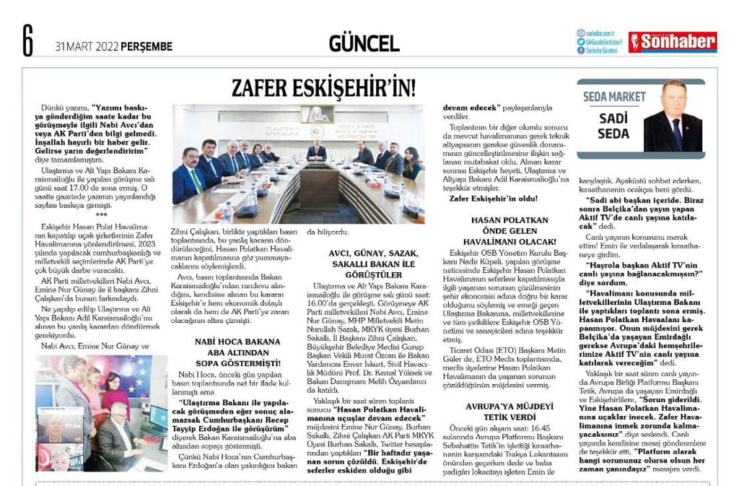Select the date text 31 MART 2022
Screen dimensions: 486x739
pyautogui.click(x=87, y=47)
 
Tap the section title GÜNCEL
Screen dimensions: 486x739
pyautogui.click(x=364, y=43)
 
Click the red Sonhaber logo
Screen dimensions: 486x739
pyautogui.click(x=672, y=42)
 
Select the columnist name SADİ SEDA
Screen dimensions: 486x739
pyautogui.click(x=613, y=125)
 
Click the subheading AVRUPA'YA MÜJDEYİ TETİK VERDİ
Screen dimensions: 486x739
pyautogui.click(x=510, y=411)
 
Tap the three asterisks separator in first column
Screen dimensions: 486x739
pyautogui.click(x=101, y=214)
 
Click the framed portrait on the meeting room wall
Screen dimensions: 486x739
pyautogui.click(x=317, y=114)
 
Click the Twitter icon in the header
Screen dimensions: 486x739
pyautogui.click(x=580, y=42)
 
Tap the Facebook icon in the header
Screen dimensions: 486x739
pyautogui.click(x=580, y=51)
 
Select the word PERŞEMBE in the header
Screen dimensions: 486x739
pyautogui.click(x=147, y=47)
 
